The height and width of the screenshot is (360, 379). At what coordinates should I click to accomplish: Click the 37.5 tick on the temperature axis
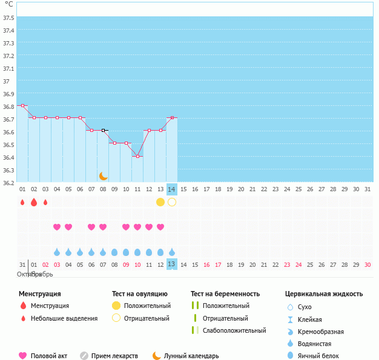[x=8, y=18]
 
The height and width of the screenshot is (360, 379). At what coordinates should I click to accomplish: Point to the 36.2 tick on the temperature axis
[x=8, y=182]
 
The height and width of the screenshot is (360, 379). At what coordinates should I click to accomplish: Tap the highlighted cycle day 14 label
[x=172, y=189]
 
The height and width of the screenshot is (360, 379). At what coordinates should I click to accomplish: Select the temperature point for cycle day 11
[x=137, y=157]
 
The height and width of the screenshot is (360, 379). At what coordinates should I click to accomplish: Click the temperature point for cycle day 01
[x=23, y=105]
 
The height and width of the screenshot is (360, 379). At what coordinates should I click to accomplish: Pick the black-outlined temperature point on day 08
[x=104, y=130]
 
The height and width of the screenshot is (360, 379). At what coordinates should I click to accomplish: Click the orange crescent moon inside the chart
[x=104, y=175]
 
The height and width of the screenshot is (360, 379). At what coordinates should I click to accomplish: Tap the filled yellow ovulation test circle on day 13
[x=160, y=201]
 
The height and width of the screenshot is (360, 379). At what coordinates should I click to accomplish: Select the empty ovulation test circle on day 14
[x=172, y=201]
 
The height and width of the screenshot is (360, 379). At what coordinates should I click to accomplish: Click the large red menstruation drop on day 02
[x=34, y=201]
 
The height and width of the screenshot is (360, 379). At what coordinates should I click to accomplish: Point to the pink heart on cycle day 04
[x=57, y=227]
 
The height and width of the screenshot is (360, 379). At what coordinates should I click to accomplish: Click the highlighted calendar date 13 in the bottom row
[x=172, y=264]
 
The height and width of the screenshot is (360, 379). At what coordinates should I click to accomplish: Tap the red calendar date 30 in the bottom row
[x=367, y=264]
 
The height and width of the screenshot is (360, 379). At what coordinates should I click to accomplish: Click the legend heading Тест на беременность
[x=225, y=294]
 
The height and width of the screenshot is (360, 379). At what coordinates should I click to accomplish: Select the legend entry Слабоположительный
[x=234, y=330]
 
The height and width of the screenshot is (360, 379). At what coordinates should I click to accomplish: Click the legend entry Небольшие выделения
[x=64, y=318]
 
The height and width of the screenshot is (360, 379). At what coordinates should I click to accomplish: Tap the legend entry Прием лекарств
[x=114, y=356]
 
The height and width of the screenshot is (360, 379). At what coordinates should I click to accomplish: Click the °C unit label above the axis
[x=8, y=5]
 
